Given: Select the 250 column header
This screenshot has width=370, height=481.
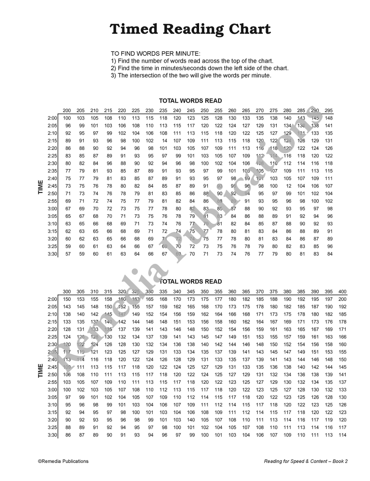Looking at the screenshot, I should [x=205, y=110].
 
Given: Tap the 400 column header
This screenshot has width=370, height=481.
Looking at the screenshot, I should [x=343, y=292].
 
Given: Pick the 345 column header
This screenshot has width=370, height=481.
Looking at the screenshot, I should [x=191, y=292].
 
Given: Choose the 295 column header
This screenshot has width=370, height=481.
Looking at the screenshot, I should [x=329, y=110].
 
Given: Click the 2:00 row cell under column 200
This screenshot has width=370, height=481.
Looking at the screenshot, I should [x=67, y=118].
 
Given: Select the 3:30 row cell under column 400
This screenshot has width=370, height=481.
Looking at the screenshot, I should [x=343, y=435].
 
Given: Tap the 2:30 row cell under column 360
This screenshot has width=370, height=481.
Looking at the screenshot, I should [x=232, y=344].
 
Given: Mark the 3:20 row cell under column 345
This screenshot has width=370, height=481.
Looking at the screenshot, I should [x=191, y=420].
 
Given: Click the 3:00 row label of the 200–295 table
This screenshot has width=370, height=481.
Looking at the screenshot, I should [x=52, y=208].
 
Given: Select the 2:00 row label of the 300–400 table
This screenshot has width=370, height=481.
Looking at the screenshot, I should [x=52, y=299].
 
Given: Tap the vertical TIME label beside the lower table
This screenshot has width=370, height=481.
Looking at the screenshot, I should [x=41, y=371].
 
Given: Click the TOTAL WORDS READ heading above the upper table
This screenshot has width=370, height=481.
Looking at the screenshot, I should [x=191, y=101].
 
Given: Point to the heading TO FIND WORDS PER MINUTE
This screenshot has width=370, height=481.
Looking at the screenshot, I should [x=155, y=54].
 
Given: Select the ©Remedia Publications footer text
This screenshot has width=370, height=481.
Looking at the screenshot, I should [x=63, y=461].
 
